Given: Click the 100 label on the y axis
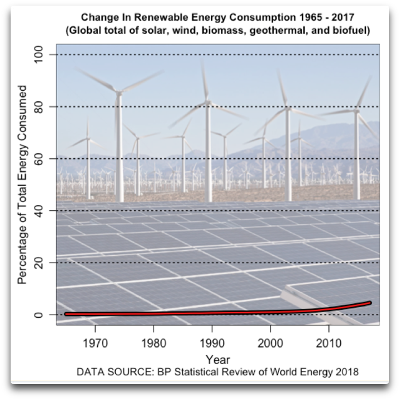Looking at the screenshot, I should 39,54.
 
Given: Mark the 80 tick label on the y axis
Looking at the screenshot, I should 39,106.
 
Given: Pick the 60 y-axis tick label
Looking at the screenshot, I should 39,158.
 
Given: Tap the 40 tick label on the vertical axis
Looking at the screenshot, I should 39,210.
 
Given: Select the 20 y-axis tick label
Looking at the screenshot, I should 39,262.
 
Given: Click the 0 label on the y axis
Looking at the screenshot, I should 39,314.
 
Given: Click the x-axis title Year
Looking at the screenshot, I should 217,360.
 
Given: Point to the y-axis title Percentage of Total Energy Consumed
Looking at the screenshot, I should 21,185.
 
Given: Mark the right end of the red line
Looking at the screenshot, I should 370,303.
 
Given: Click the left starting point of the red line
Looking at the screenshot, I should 66,314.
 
